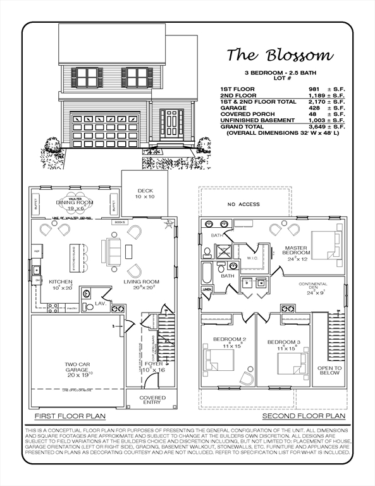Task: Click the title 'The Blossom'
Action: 280,55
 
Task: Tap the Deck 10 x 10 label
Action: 145,194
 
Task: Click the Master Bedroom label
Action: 296,251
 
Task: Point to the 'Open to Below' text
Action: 329,370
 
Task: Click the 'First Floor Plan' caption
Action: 70,416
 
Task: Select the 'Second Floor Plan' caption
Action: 304,416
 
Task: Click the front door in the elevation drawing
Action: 171,123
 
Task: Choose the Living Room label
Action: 142,284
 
